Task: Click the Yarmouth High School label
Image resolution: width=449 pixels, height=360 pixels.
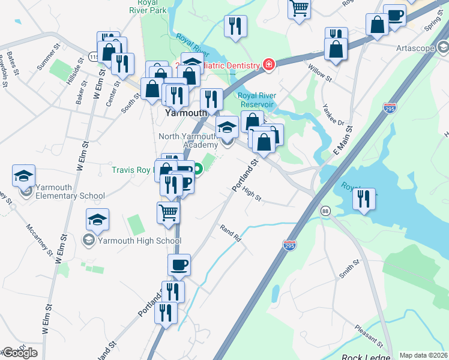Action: [139, 241]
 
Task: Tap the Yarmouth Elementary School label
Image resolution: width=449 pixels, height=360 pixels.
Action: [70, 191]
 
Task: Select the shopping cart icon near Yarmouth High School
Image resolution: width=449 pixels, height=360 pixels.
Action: [169, 212]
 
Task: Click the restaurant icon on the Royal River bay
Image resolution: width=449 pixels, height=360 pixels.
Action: [363, 199]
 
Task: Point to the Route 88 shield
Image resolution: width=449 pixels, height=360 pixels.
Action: [325, 211]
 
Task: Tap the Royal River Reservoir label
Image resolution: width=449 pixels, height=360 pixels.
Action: [256, 100]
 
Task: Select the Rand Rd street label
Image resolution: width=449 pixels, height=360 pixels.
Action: [230, 234]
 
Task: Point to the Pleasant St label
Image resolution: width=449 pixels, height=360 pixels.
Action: [369, 337]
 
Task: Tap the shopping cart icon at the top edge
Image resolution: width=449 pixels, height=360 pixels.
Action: [298, 8]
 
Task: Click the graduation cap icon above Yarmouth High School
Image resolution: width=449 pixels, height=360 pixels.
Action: [97, 220]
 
